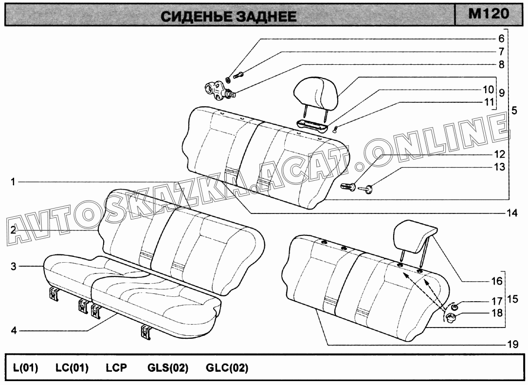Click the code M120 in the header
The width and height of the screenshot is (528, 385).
(489, 14)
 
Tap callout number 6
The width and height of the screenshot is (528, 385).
(501, 39)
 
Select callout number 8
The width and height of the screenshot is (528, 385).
(501, 64)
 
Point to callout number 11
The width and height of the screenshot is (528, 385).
(489, 102)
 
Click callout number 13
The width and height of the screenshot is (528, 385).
(500, 167)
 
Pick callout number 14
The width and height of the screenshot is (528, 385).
(512, 213)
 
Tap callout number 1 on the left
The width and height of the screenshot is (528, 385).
(13, 182)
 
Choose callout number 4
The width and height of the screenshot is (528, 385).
(14, 330)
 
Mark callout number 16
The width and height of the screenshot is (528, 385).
(497, 281)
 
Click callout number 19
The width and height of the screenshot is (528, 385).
(512, 345)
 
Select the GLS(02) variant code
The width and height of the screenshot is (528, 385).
(168, 367)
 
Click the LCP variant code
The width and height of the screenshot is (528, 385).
(116, 367)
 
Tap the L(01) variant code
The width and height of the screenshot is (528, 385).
(26, 367)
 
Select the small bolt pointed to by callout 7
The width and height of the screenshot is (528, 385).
(239, 75)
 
